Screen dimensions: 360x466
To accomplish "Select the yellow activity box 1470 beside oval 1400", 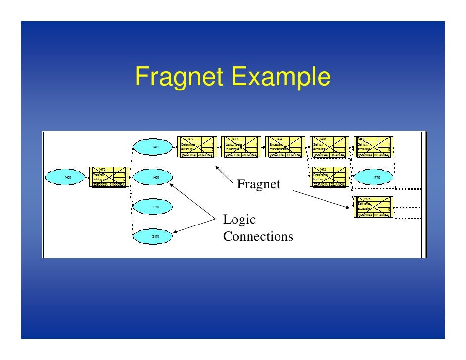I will [109, 177].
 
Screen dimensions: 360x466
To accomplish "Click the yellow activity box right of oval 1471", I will [196, 147].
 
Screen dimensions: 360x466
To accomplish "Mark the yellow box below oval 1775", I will [374, 207].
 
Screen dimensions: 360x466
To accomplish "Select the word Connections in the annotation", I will [258, 237].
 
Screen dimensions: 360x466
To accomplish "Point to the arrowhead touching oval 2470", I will [175, 230].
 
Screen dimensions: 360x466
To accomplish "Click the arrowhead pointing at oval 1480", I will [172, 185].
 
